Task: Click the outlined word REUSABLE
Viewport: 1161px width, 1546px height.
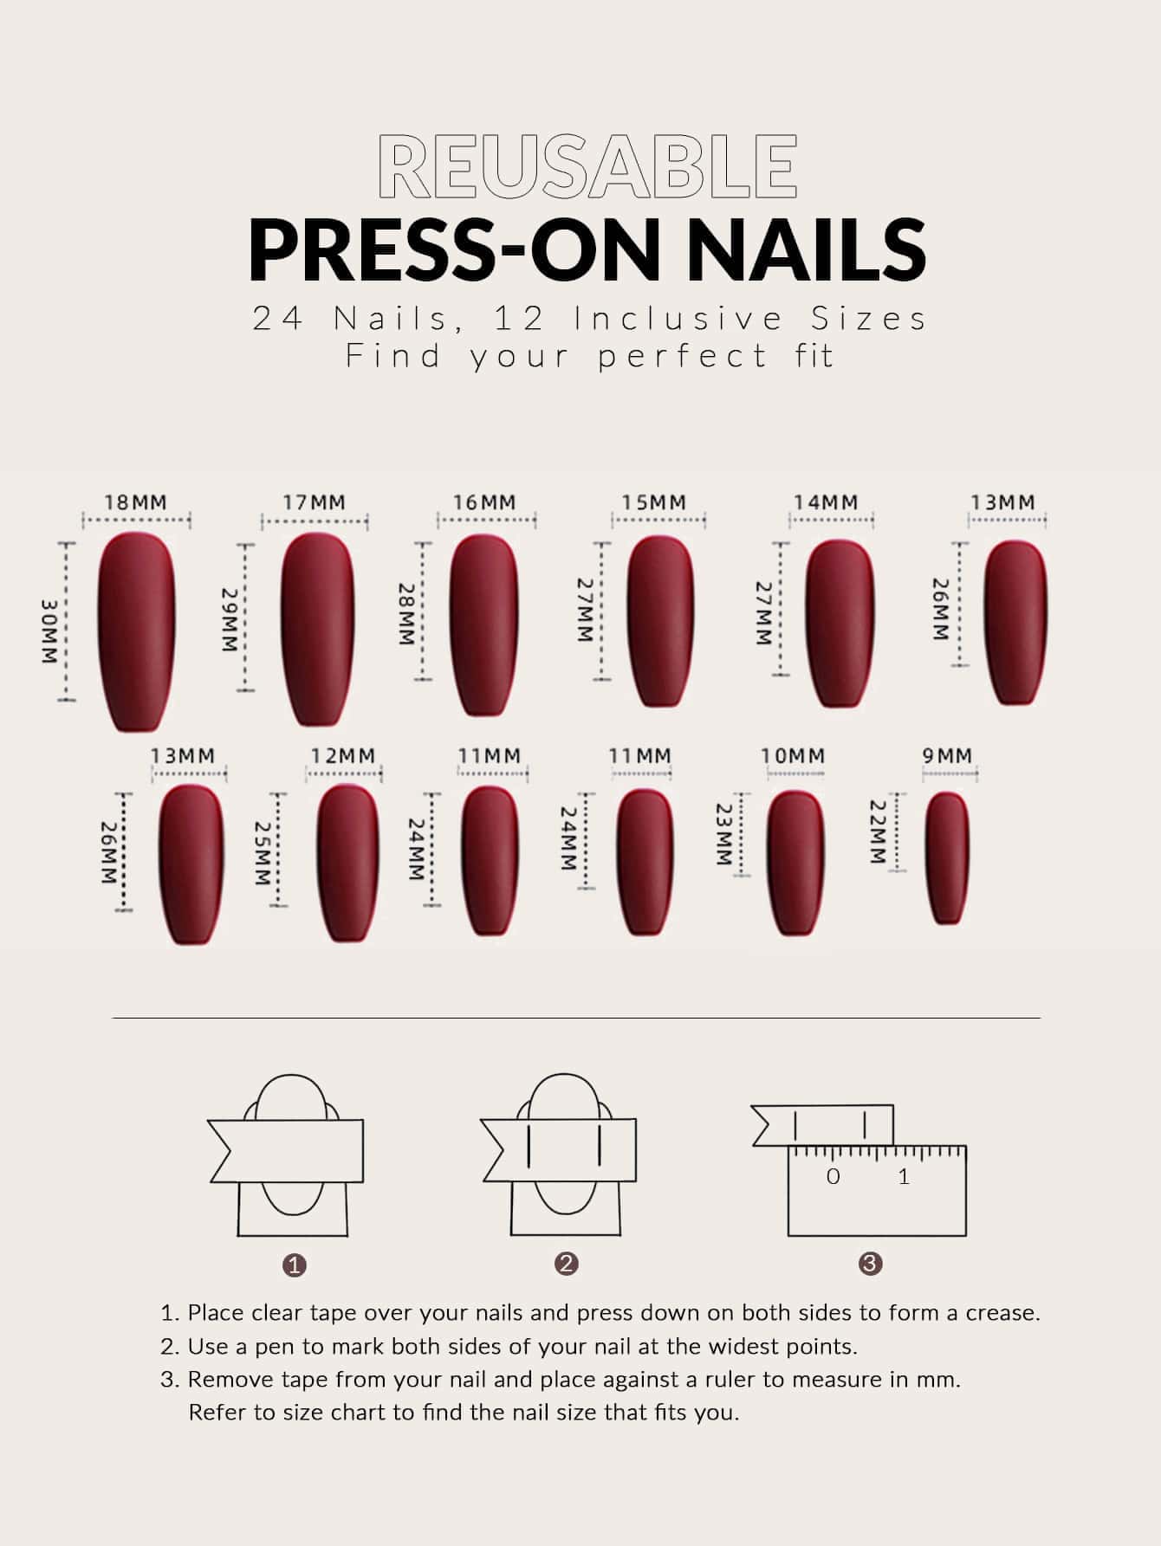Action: (x=588, y=165)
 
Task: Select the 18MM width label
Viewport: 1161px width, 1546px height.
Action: (x=136, y=502)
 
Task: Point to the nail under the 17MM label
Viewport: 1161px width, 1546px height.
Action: (x=317, y=629)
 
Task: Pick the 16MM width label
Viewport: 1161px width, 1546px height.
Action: (x=484, y=502)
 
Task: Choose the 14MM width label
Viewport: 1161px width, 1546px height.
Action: (x=827, y=502)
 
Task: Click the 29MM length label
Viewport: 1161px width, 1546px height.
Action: (x=229, y=621)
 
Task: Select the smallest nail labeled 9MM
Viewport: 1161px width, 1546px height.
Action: (x=947, y=858)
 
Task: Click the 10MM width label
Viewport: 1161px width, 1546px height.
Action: (x=793, y=756)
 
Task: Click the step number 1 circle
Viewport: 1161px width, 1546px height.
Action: (x=295, y=1265)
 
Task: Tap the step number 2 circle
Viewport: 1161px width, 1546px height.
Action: (x=568, y=1264)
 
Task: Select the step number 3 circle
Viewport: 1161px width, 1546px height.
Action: (x=871, y=1264)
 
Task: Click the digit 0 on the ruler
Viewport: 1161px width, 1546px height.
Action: (x=833, y=1176)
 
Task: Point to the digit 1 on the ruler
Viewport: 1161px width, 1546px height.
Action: (x=905, y=1176)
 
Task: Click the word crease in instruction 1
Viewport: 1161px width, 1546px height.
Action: (x=1002, y=1313)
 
